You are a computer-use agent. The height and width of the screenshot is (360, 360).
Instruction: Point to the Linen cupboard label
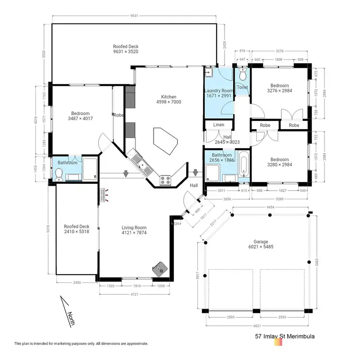pos(218,125)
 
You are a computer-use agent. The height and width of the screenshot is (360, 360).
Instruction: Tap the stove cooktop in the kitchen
pos(166,180)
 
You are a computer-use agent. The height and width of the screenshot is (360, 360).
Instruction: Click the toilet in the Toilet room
pos(242,75)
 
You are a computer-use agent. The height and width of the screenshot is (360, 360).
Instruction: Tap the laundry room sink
pos(209,73)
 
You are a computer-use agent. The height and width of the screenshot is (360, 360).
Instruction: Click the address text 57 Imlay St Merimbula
pos(285,337)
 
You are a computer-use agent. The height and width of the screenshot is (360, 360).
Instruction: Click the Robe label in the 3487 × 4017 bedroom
pos(118,115)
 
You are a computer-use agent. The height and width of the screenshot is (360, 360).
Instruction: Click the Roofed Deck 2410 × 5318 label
pos(77,230)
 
